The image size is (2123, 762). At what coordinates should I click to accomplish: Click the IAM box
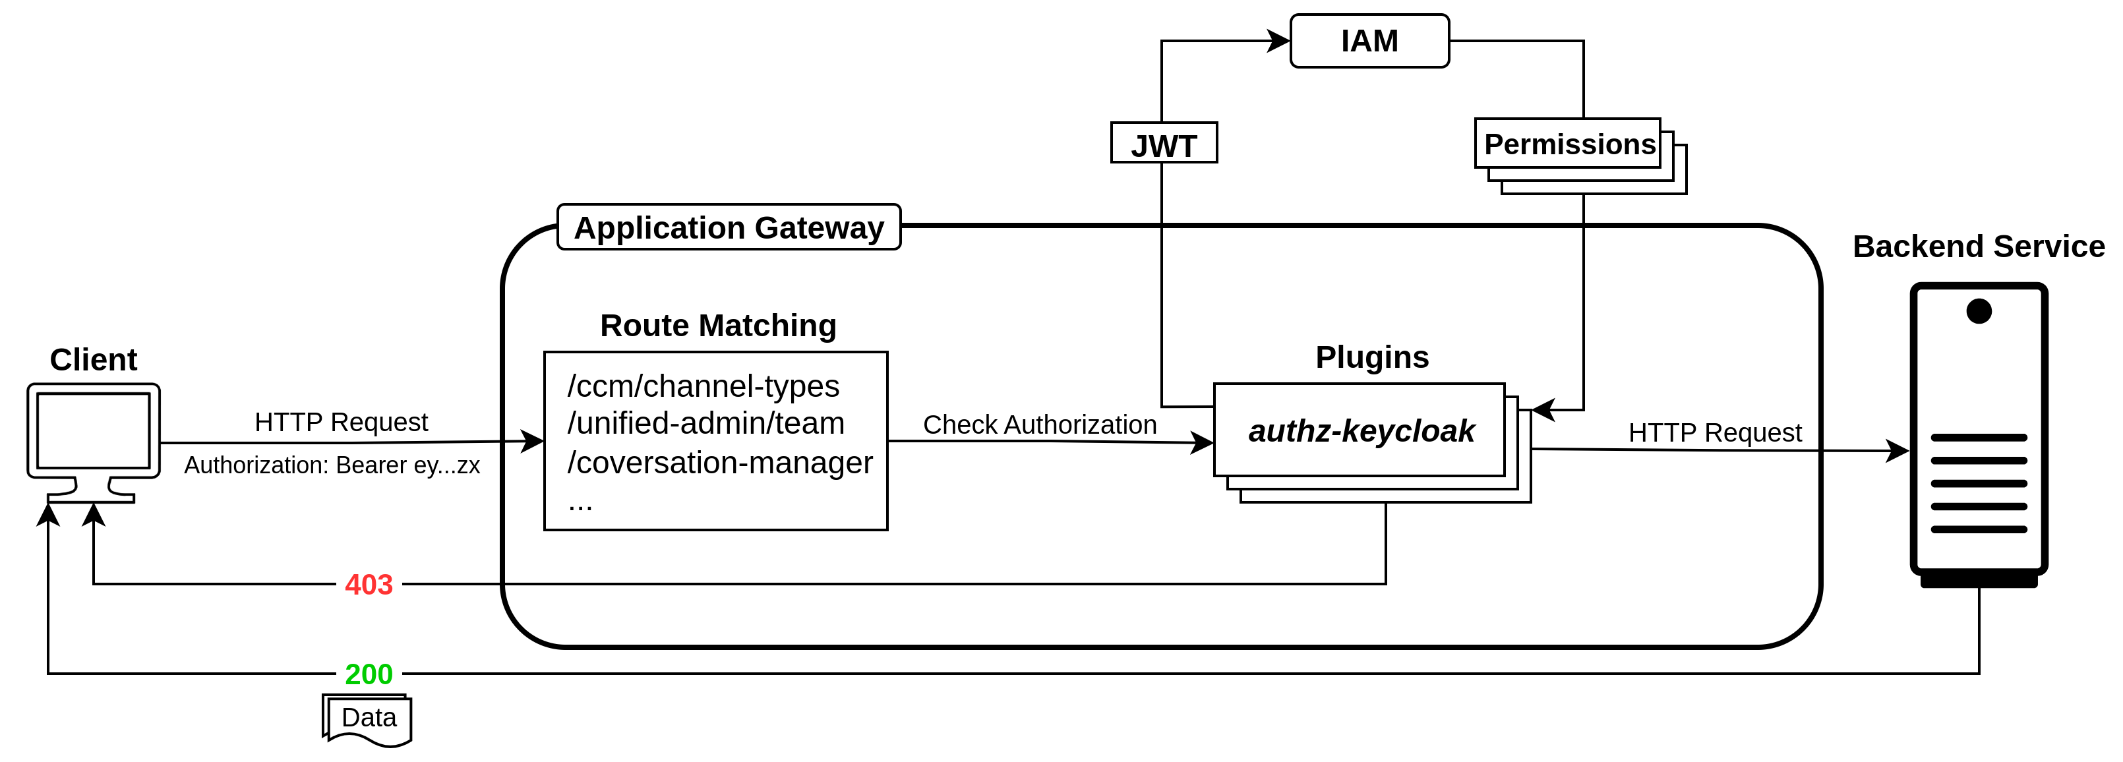[x=1369, y=41]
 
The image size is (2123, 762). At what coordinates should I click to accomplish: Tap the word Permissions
[x=1569, y=144]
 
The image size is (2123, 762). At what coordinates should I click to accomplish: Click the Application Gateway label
[x=729, y=227]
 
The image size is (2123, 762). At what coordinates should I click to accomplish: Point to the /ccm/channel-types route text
[x=703, y=386]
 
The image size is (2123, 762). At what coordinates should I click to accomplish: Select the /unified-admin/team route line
[x=705, y=423]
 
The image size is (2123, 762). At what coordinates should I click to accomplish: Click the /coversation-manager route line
[x=719, y=463]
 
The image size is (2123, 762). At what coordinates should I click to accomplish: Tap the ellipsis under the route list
[x=580, y=504]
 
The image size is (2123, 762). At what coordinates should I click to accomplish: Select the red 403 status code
[x=369, y=585]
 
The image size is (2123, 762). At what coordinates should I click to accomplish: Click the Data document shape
[x=369, y=719]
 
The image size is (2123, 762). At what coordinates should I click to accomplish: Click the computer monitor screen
[x=93, y=430]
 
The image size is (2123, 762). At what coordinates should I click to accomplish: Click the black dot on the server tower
[x=1979, y=311]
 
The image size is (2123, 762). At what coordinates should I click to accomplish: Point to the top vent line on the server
[x=1979, y=438]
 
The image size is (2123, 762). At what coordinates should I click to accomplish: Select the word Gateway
[x=818, y=227]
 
